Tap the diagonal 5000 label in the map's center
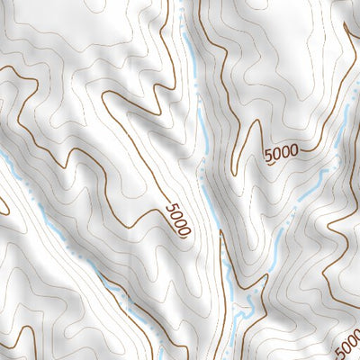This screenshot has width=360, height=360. click(178, 220)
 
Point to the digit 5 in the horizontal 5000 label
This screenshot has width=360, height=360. click(269, 157)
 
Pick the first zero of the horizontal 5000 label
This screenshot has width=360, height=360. click(277, 155)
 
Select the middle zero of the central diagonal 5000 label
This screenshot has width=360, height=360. click(180, 224)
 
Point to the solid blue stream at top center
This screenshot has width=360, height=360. click(193, 72)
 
